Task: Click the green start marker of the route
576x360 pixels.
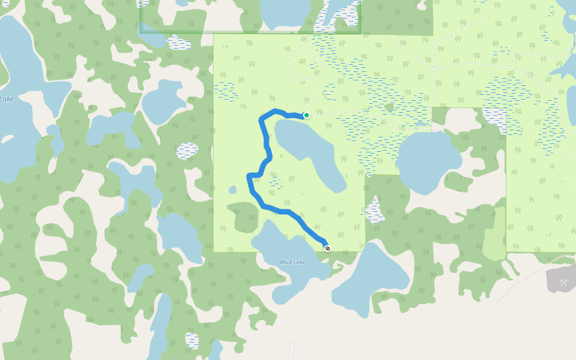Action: pos(306,115)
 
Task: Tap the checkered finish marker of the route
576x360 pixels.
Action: pos(327,248)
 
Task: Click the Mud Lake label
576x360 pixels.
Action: pos(293,262)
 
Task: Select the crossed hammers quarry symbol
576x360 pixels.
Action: pos(563,283)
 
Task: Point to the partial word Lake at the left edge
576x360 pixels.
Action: pos(7,99)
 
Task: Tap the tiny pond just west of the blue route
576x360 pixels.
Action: pos(233,190)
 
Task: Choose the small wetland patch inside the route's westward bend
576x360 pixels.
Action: pos(275,183)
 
